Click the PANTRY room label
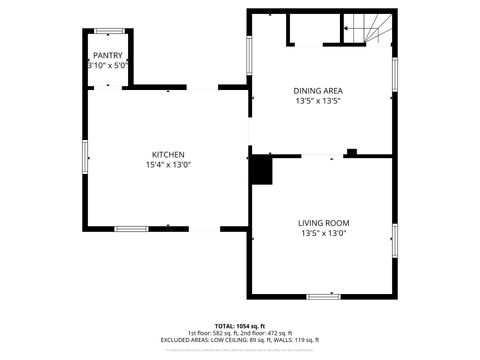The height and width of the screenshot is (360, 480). coord(108,56)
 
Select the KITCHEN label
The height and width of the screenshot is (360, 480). coord(167,154)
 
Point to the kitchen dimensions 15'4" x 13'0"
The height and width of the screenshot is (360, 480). coord(167,165)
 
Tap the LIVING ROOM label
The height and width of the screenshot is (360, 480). coord(323,222)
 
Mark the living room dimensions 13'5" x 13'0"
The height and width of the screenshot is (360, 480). coord(323,233)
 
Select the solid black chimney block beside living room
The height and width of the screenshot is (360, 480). coord(262,169)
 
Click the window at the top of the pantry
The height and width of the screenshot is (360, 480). coord(108,30)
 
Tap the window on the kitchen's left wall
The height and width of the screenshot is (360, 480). coord(86,155)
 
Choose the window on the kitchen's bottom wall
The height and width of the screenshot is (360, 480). coord(131,229)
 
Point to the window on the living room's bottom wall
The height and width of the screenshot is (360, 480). coord(323,295)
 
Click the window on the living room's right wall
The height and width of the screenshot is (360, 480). coord(396,239)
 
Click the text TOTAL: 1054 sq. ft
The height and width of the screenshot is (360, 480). coord(240,326)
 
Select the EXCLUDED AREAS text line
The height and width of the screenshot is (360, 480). coord(240,340)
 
